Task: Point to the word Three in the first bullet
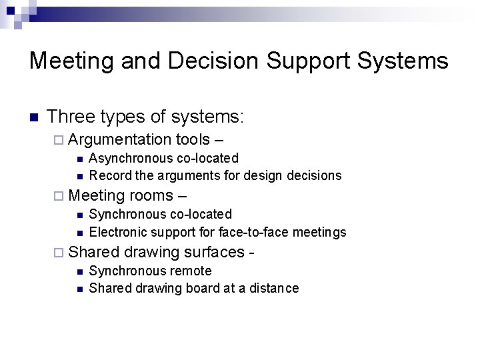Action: [74, 118]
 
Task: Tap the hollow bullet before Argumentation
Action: [59, 140]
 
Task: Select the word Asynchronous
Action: [131, 158]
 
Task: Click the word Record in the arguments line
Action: [108, 175]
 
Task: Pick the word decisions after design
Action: [313, 175]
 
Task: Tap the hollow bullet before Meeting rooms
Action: [59, 197]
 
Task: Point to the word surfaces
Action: [217, 253]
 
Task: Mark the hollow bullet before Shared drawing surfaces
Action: [59, 253]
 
